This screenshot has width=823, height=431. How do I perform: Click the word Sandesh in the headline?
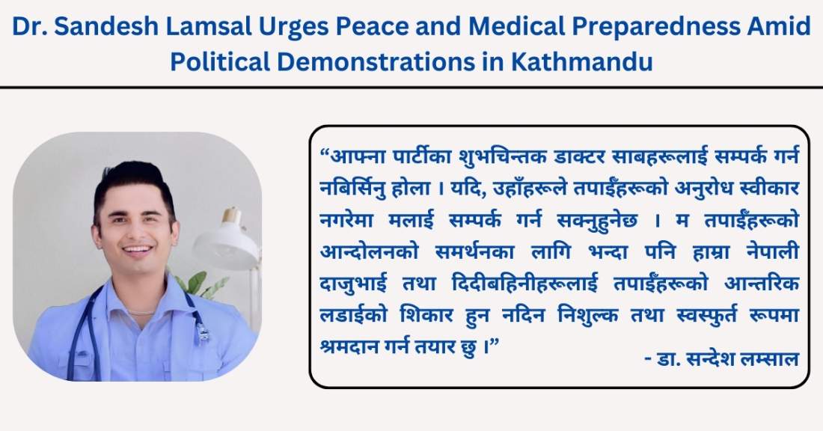(x=105, y=26)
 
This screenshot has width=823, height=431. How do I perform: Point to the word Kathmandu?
(x=581, y=61)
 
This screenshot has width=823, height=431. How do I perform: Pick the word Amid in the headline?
(x=777, y=26)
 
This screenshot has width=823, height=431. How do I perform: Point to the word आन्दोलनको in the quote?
(x=370, y=251)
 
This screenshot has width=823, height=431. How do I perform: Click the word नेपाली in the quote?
(x=773, y=251)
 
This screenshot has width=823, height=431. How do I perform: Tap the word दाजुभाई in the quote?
(x=353, y=284)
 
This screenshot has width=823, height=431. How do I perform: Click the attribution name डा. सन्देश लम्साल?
(x=722, y=359)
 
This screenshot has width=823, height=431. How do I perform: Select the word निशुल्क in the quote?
(x=588, y=315)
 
